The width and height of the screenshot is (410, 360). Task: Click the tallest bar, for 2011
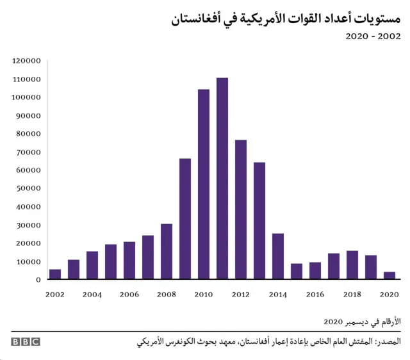pos(222,179)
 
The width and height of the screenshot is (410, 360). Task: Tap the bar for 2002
pos(55,274)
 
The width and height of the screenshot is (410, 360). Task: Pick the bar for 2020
pos(389,275)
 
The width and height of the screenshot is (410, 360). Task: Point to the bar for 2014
pos(278,256)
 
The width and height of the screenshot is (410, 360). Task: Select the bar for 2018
pos(352,265)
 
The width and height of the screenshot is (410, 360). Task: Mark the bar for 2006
pos(129,261)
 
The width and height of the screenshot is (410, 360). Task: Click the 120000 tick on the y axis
pos(26,61)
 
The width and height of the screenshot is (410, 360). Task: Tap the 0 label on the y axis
pos(38,280)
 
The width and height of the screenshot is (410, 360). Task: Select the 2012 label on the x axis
pos(241,295)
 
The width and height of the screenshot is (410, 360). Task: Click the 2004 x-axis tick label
pos(92,295)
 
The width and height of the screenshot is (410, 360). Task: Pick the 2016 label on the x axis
pos(315,295)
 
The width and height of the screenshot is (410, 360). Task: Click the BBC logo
pos(26,342)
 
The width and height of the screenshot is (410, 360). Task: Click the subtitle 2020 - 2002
pos(373,37)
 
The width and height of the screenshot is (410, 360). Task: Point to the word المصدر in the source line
pos(388,342)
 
